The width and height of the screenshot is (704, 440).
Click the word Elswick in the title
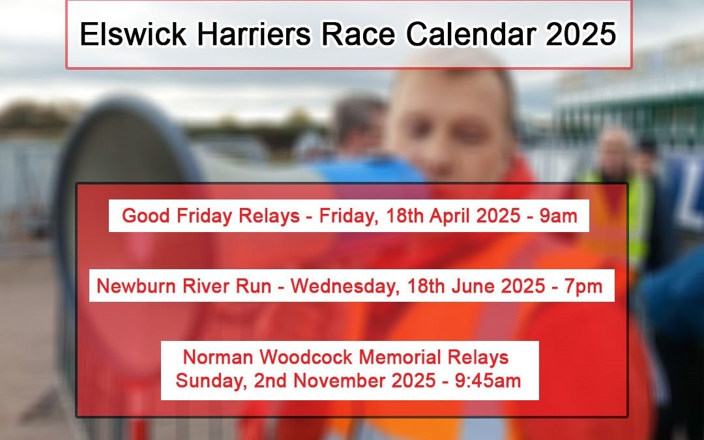tap(133, 34)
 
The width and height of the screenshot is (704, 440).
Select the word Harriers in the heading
tap(254, 34)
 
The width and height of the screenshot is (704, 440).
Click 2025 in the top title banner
tap(581, 34)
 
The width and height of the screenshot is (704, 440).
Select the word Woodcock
tap(306, 357)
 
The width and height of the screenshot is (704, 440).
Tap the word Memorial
tap(400, 357)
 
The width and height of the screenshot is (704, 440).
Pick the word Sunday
tap(211, 381)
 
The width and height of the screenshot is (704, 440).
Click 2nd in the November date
tap(271, 381)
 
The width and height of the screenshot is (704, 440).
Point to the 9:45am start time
tap(488, 381)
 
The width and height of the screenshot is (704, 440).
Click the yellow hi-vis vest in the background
tap(637, 216)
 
